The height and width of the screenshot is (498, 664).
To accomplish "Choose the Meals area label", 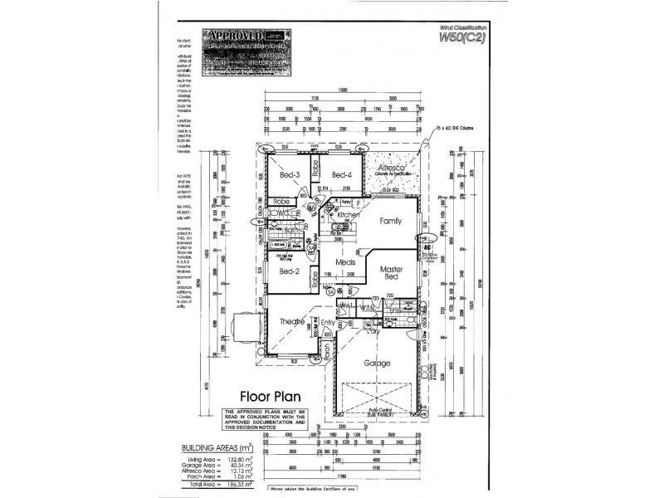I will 345,263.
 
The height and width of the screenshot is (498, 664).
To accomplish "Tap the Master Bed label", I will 391,275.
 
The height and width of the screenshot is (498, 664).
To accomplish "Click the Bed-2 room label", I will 288,271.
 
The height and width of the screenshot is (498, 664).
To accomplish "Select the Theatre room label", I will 292,321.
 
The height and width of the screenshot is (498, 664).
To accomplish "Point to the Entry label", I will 329,323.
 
